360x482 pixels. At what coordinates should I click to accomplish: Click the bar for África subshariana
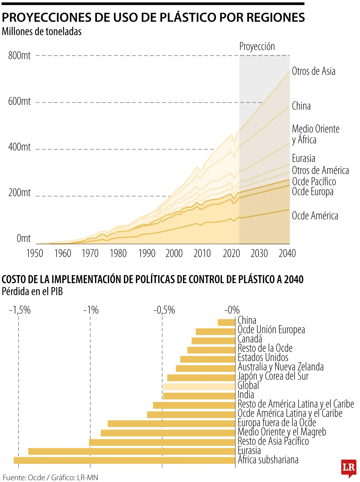[x=124, y=460]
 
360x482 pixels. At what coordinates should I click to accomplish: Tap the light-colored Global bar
[x=199, y=386]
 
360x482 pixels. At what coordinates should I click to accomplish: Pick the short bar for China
[x=226, y=322]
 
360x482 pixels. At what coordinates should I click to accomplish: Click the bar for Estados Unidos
[x=208, y=359]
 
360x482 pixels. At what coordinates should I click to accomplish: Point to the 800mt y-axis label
[x=19, y=55]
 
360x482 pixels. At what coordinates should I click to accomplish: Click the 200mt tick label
[x=19, y=193]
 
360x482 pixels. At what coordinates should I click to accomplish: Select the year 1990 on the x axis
[x=147, y=253]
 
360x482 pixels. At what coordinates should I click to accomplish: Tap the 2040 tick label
[x=287, y=253]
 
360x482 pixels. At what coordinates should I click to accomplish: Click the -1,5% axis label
[x=20, y=310]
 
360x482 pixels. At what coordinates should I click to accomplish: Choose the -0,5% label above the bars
[x=164, y=310]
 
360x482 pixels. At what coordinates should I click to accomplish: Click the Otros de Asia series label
[x=313, y=71]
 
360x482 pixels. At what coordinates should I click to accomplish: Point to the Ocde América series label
[x=315, y=216]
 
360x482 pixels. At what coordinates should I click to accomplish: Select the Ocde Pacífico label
[x=314, y=181]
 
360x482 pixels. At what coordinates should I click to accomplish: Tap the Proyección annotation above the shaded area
[x=257, y=46]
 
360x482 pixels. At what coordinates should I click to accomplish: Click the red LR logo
[x=349, y=468]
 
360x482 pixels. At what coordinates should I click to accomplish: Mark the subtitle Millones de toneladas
[x=42, y=31]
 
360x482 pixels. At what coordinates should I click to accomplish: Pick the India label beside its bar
[x=246, y=395]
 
